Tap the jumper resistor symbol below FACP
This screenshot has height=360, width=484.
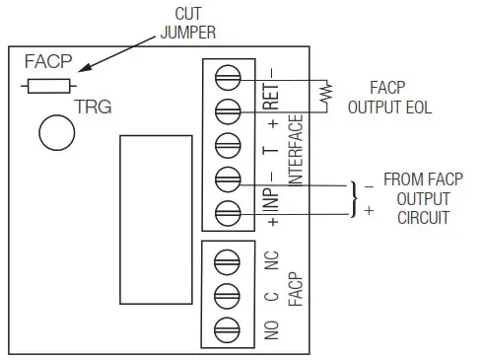(48, 87)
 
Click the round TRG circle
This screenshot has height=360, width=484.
(57, 130)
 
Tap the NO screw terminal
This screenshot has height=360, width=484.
(227, 326)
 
